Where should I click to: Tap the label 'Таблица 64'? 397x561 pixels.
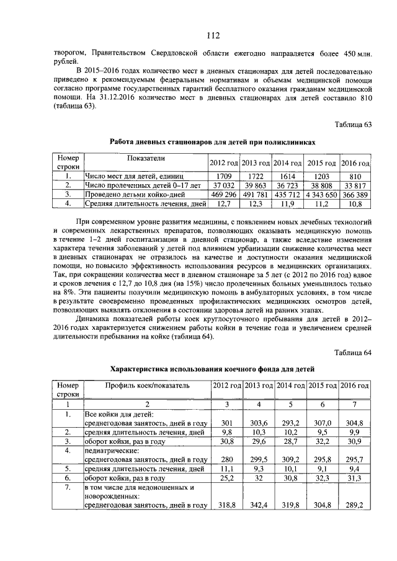[352, 353]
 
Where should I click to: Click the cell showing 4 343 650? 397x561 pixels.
[323, 194]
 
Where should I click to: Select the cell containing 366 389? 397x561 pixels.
[355, 194]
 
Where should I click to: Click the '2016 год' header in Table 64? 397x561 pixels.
[355, 386]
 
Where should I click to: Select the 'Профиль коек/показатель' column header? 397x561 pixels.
[148, 386]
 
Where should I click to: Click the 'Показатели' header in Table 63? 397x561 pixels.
[145, 159]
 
